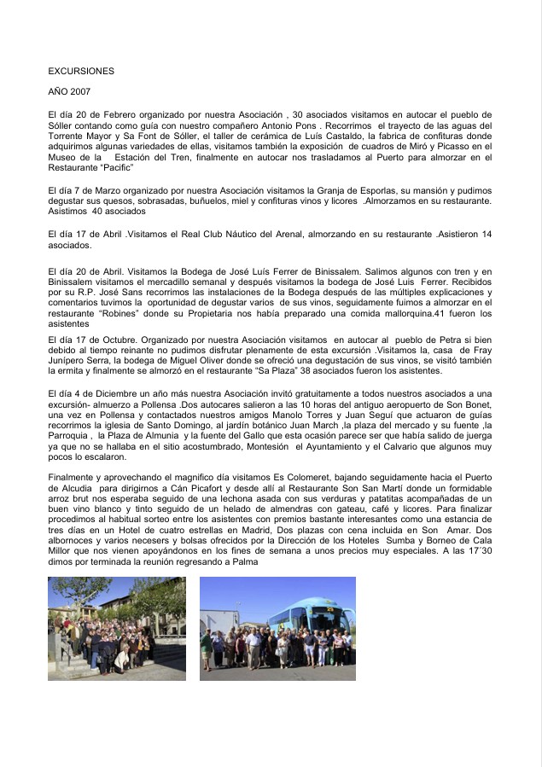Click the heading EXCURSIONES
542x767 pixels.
coord(81,72)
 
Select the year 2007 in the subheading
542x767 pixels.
coord(89,91)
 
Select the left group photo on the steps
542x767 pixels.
coord(117,629)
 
